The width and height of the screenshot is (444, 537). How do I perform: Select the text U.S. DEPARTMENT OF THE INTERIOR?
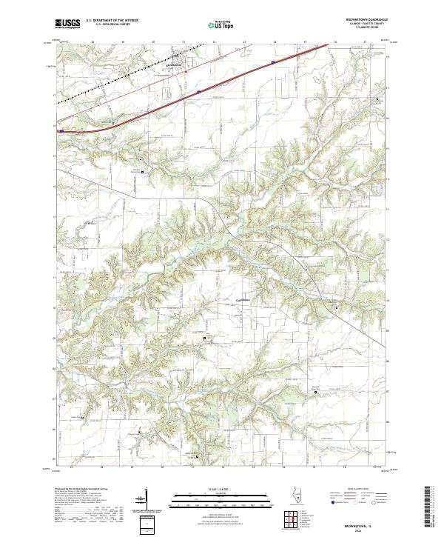pos(112,21)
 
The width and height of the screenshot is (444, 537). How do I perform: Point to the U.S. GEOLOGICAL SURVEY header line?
pos(107,25)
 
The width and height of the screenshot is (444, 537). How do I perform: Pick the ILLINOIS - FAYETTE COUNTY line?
pos(368,24)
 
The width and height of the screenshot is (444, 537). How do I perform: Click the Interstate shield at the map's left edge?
pos(62,132)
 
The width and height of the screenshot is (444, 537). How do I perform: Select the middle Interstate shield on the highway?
pos(200,92)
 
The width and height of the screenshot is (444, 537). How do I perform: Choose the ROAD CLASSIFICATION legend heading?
pos(348,490)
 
